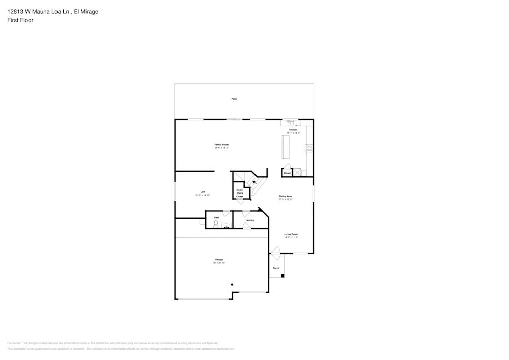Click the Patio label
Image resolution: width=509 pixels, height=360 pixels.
[234, 99]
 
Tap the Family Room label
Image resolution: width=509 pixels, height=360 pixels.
[221, 145]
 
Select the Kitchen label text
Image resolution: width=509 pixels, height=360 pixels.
[293, 130]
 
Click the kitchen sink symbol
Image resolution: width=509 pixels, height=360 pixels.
[289, 123]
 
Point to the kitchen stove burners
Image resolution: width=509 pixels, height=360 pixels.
[309, 148]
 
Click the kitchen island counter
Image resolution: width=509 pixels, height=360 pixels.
[285, 147]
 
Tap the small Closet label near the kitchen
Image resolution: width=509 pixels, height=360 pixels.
[287, 173]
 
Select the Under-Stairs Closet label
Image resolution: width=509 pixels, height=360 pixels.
[239, 193]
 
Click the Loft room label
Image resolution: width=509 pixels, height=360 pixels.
[203, 192]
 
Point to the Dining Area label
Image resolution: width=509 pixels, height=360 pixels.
[285, 196]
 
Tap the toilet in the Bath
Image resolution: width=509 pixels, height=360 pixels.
[215, 224]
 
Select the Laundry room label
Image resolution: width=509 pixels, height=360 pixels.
[250, 220]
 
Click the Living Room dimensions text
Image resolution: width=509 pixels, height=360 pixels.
[291, 237]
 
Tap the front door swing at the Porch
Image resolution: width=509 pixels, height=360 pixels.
[275, 250]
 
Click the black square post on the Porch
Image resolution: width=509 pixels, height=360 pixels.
[283, 276]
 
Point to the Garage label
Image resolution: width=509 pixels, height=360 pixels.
[219, 259]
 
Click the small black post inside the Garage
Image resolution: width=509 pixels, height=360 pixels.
[232, 285]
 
